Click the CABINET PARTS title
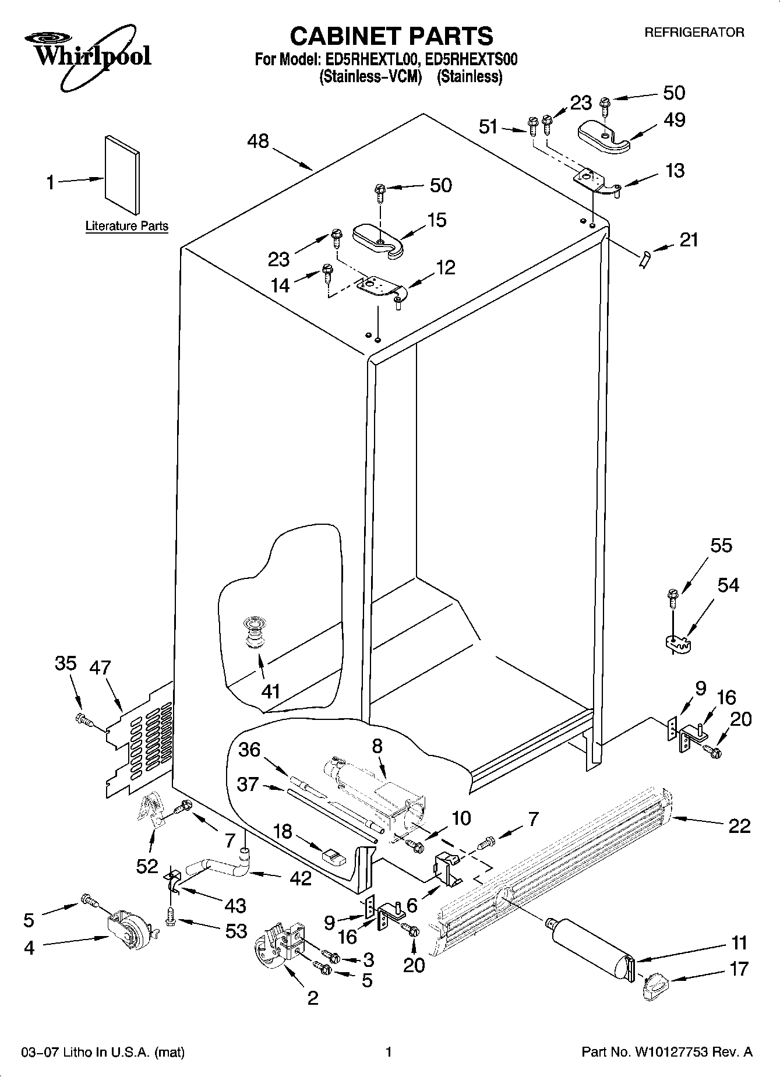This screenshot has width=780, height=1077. pos(391,36)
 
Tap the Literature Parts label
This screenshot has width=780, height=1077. pos(126,226)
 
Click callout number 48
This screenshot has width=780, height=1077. pos(258,141)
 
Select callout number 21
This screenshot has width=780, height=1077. pos(689,239)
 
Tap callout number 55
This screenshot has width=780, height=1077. pos(721,546)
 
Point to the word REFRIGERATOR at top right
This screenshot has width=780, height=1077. pos(694,33)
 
